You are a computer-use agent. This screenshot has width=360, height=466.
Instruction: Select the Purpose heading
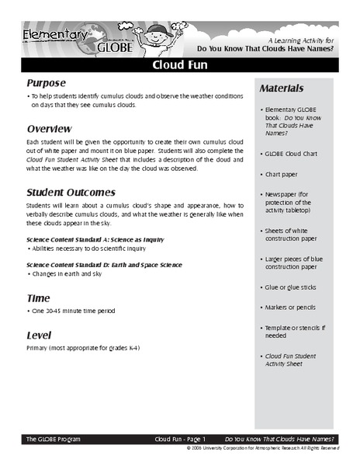[48, 84]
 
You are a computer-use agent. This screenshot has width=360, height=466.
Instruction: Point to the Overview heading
[50, 128]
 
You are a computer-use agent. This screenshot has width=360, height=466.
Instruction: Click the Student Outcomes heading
[71, 192]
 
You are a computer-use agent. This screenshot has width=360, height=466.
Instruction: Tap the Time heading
[38, 297]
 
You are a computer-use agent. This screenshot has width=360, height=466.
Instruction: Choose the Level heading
[40, 330]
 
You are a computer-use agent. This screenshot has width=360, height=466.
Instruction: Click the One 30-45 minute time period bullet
[75, 311]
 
